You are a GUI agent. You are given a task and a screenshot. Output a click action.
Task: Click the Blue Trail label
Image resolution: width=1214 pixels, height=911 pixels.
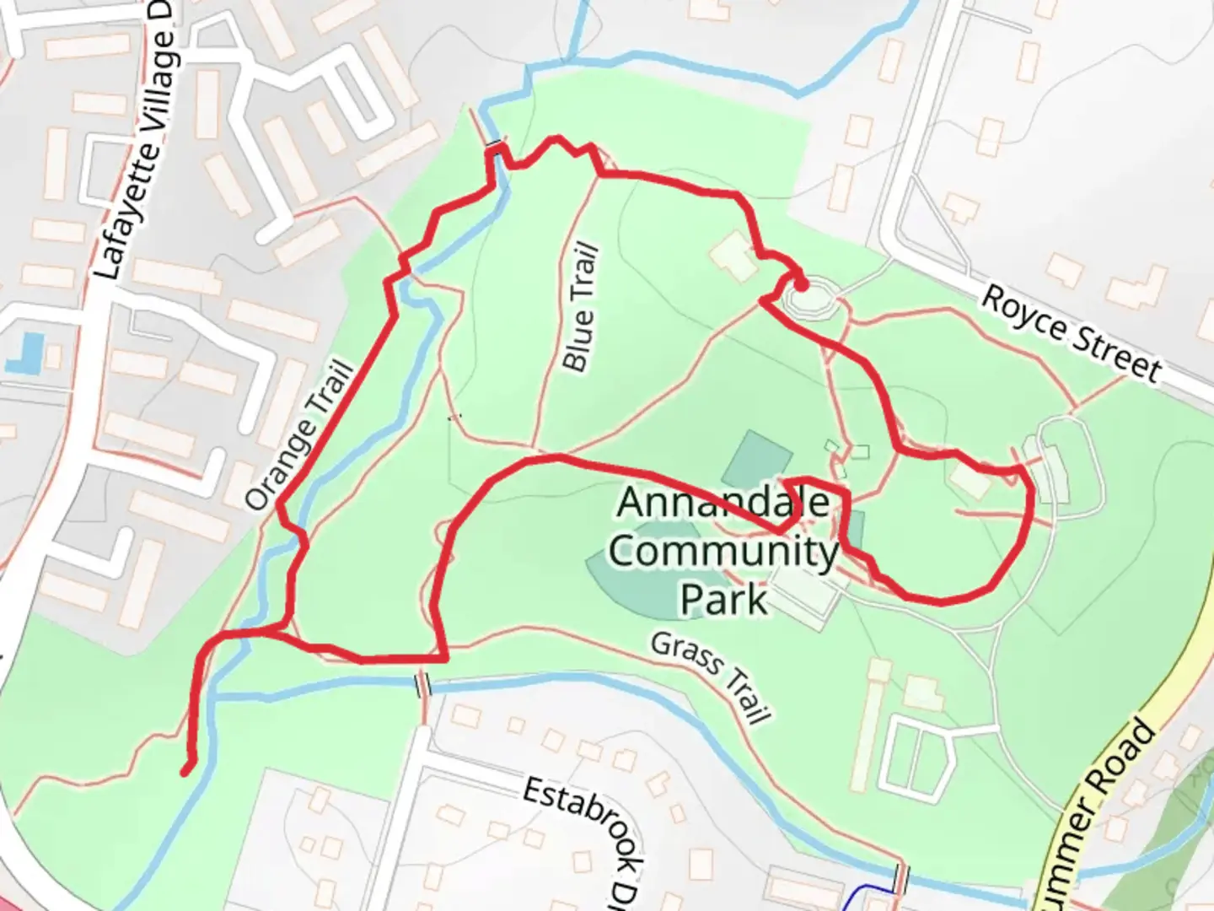coord(581,308)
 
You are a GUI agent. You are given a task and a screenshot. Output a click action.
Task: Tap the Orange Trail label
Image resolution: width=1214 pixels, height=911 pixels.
coord(299,435)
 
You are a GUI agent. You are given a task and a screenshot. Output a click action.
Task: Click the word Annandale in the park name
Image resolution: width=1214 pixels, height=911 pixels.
coord(723,503)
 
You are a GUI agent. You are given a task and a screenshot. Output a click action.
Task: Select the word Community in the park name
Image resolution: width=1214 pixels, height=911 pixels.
coord(723,552)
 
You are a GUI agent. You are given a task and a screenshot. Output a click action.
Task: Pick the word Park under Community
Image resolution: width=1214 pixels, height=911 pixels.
coord(723,599)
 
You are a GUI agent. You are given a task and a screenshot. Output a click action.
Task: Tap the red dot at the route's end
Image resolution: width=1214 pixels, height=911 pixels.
coord(801,285)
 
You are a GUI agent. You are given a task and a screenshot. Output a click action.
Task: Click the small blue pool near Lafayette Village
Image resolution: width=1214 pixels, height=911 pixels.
coord(26,353)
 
